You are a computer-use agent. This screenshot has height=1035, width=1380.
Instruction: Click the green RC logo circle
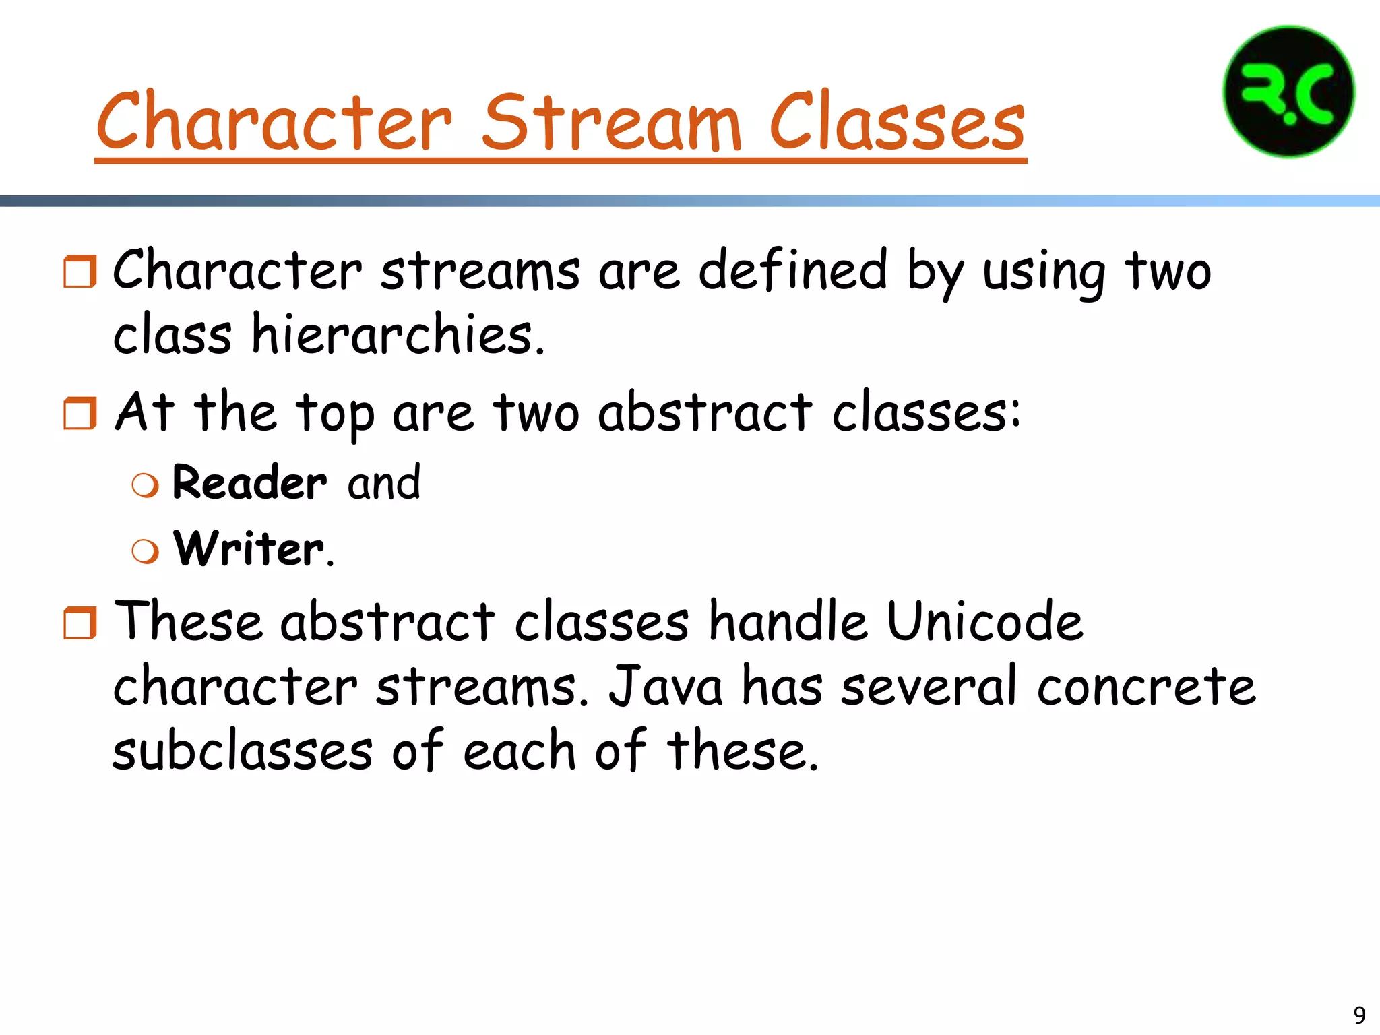[x=1288, y=92]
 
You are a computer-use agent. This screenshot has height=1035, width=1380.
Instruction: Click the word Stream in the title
[x=611, y=123]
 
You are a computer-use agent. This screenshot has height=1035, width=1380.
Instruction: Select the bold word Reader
[x=249, y=482]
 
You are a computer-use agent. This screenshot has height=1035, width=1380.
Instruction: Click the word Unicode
[x=984, y=621]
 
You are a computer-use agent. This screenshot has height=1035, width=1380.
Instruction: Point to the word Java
[x=666, y=687]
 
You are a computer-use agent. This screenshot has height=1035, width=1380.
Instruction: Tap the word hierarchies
[x=398, y=335]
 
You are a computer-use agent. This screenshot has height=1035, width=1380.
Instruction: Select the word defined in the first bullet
[x=792, y=271]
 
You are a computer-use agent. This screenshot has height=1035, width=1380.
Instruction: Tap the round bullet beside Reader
[x=146, y=485]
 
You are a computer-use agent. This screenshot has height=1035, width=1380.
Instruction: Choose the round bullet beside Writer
[x=146, y=551]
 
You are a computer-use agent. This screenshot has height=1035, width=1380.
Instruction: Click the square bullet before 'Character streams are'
[x=80, y=272]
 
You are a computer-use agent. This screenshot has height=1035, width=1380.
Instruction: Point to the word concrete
[x=1146, y=687]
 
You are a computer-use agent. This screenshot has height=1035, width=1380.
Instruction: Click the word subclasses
[x=243, y=751]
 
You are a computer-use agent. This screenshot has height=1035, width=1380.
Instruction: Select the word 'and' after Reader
[x=384, y=482]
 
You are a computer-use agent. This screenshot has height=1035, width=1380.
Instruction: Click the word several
[x=929, y=687]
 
